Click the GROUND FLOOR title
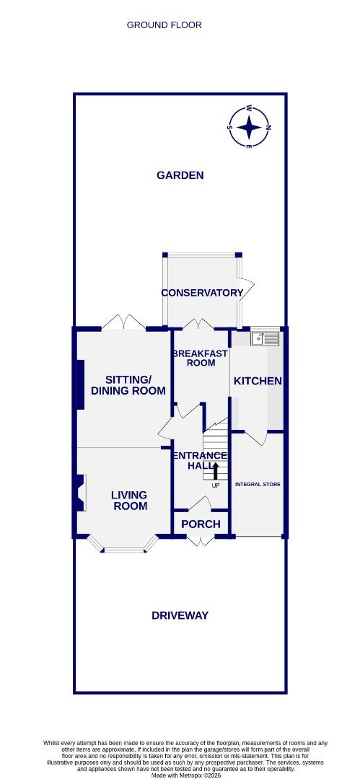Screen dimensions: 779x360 pyautogui.click(x=164, y=25)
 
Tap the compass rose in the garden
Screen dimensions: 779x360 pyautogui.click(x=250, y=128)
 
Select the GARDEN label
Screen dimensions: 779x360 pyautogui.click(x=180, y=175)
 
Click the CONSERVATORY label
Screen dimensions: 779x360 pyautogui.click(x=202, y=293)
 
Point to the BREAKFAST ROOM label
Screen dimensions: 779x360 pyautogui.click(x=201, y=358)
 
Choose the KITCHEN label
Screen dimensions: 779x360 pyautogui.click(x=258, y=381)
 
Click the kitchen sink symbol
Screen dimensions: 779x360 pyautogui.click(x=265, y=337)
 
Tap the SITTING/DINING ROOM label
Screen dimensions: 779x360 pyautogui.click(x=128, y=385)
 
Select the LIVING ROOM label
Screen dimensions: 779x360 pyautogui.click(x=129, y=500)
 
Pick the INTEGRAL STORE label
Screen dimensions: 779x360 pyautogui.click(x=258, y=484)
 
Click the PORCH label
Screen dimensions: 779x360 pyautogui.click(x=201, y=524)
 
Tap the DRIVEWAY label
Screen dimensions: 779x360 pyautogui.click(x=180, y=615)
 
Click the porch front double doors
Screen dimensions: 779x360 pyautogui.click(x=201, y=540)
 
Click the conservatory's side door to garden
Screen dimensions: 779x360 pyautogui.click(x=246, y=289)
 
